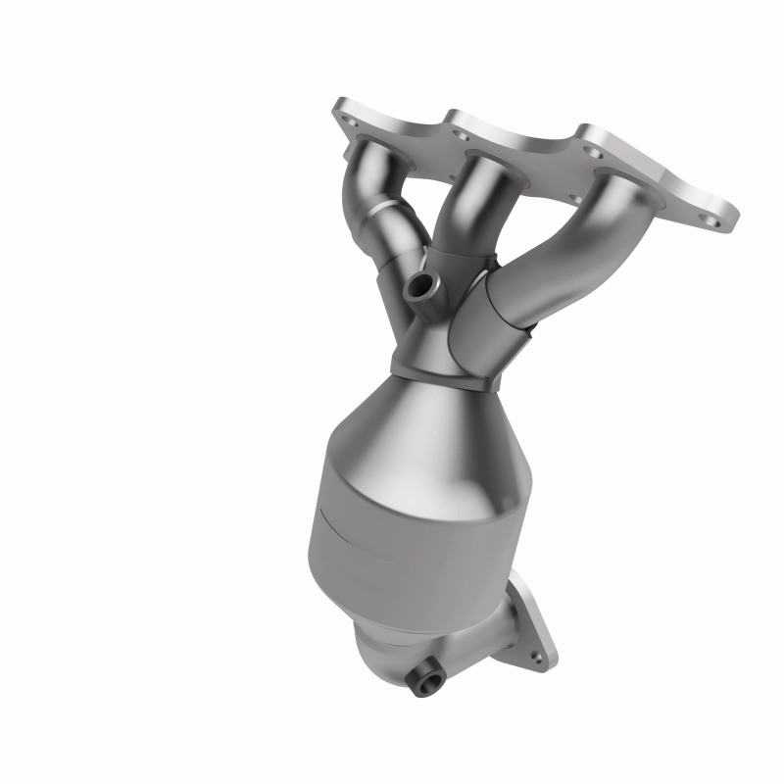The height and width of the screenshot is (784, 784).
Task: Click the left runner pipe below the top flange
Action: tap(372, 186)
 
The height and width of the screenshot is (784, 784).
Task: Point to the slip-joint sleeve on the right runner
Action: tap(485, 314)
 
